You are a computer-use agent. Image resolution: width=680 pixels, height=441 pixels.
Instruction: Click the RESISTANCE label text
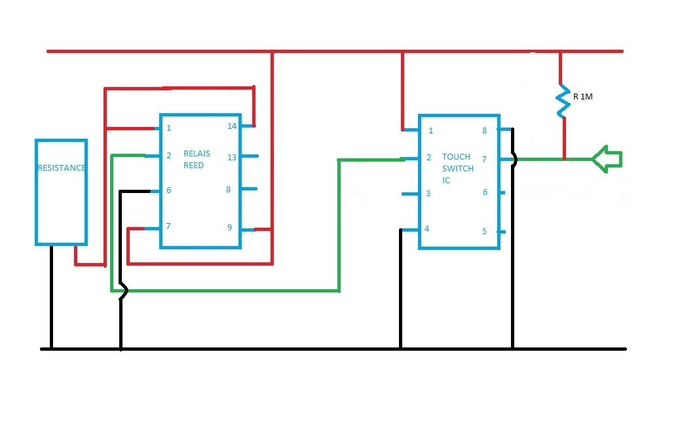click(61, 168)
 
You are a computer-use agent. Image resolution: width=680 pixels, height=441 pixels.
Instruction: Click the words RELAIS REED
click(197, 160)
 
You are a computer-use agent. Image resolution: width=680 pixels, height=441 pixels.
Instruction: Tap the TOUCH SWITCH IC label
click(456, 168)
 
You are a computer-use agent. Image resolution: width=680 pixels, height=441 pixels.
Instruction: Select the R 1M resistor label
click(583, 97)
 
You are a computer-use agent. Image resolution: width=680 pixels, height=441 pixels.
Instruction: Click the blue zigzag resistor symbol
click(561, 101)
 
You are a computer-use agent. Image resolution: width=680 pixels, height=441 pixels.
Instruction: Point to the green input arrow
click(606, 158)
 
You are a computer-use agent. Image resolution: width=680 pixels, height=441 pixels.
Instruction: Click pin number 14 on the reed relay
click(232, 126)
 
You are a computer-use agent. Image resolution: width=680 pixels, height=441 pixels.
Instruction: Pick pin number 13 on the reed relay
click(232, 157)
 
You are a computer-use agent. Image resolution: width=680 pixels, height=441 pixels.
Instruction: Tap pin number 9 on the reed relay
click(229, 228)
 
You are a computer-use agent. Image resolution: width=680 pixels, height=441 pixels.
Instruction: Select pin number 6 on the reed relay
click(168, 190)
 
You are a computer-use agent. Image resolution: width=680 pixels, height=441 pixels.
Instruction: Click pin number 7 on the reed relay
click(168, 226)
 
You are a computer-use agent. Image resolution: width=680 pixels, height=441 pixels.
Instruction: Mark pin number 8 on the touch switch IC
click(485, 131)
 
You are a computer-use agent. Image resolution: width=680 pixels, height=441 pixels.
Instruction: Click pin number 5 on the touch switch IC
click(485, 231)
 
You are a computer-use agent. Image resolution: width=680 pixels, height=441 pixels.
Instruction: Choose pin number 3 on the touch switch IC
click(428, 194)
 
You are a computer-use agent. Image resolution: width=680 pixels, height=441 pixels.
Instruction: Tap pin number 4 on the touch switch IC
click(427, 229)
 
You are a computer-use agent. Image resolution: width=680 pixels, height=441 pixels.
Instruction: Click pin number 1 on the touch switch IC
click(430, 131)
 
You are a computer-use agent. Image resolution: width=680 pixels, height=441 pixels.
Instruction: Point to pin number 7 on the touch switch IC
click(485, 159)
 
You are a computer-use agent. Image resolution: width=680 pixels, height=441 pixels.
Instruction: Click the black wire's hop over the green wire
click(121, 289)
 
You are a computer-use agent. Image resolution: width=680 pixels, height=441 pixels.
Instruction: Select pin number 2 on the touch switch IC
click(428, 158)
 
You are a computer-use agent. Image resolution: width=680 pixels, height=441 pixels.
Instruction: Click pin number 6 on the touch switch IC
click(485, 192)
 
